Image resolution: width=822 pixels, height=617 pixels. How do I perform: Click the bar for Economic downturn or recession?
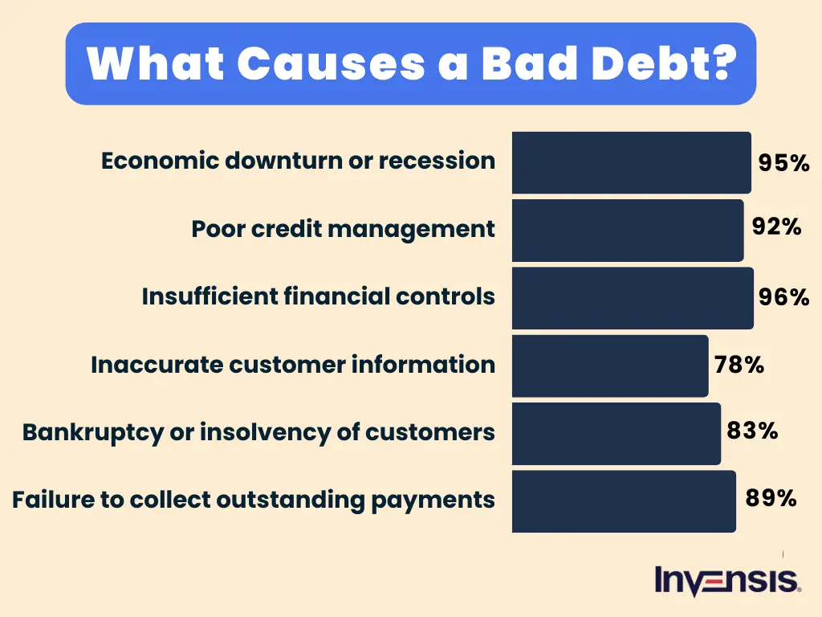point(631,162)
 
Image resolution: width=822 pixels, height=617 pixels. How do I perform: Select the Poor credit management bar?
point(628,230)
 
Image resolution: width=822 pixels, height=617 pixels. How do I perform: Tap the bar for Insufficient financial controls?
point(633,298)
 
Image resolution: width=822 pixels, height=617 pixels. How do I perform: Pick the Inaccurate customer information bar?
point(610,366)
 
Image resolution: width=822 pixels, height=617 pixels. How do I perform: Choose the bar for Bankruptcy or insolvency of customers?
point(616,433)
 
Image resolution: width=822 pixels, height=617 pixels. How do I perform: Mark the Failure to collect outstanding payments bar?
point(624,501)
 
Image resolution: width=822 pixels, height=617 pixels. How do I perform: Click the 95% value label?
point(783,163)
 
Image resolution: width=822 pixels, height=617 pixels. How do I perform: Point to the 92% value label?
point(776,227)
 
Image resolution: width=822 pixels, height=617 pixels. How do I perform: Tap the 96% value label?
point(783,298)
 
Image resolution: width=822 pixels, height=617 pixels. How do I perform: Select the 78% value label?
point(739,366)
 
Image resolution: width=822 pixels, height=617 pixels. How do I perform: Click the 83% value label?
point(752,431)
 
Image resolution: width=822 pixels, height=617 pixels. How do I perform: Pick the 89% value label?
point(771,498)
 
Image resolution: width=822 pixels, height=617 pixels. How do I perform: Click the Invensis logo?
point(727,581)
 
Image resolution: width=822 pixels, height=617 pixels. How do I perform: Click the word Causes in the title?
point(332,63)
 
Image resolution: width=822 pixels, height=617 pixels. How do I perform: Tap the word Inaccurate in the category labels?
point(156,365)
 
